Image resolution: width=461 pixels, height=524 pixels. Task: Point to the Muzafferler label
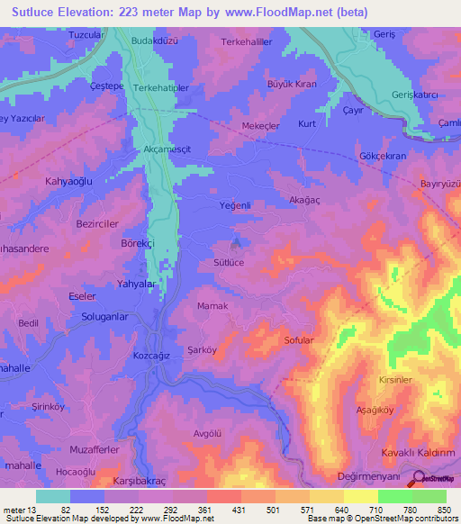coord(94,447)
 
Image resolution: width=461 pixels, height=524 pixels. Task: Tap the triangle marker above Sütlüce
coord(238,242)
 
